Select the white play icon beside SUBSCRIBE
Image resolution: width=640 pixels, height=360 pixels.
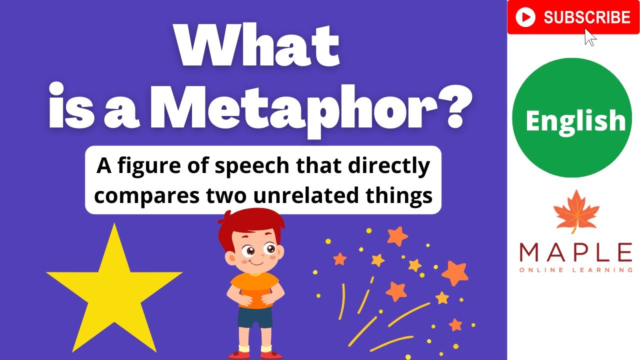pyautogui.click(x=525, y=18)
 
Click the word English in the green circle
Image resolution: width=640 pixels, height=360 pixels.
pyautogui.click(x=575, y=121)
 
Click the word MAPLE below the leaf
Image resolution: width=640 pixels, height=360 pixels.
pyautogui.click(x=575, y=252)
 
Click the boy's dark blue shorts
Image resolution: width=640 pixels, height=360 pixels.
pyautogui.click(x=255, y=317)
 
